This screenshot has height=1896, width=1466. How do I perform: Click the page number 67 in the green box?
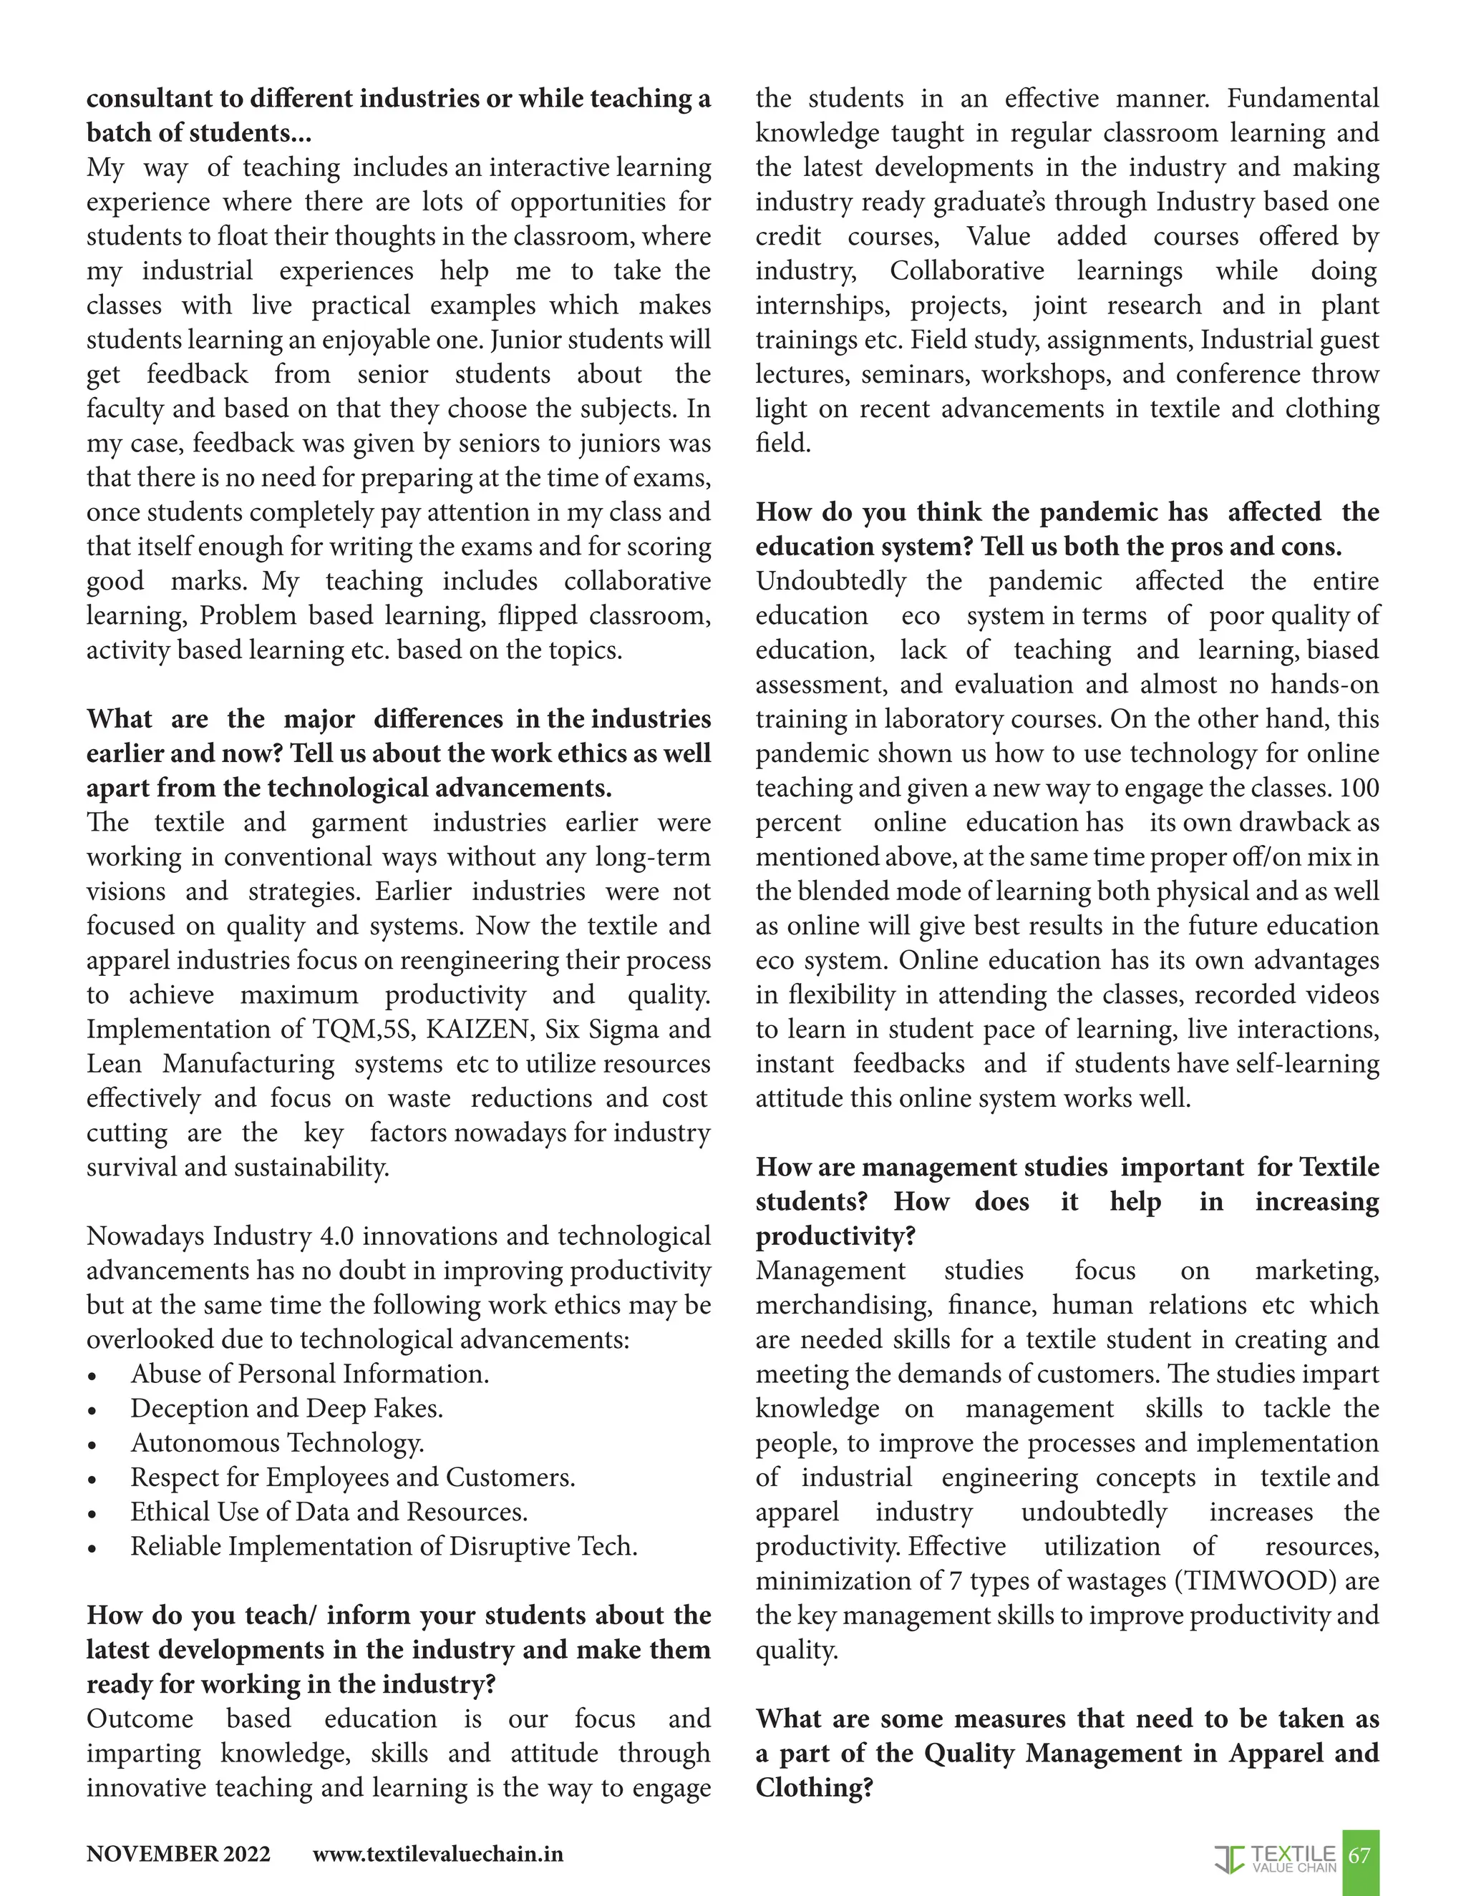[x=1359, y=1855]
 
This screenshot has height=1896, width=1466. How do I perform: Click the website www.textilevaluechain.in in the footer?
[x=437, y=1855]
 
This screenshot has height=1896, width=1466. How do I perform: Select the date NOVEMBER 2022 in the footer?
[x=178, y=1855]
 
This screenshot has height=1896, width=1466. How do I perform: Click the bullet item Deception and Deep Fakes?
[x=286, y=1408]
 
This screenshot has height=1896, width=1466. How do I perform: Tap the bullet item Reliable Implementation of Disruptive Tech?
[x=384, y=1546]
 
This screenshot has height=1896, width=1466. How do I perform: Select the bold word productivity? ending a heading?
[x=835, y=1236]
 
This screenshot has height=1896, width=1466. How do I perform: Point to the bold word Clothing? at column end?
[x=814, y=1787]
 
